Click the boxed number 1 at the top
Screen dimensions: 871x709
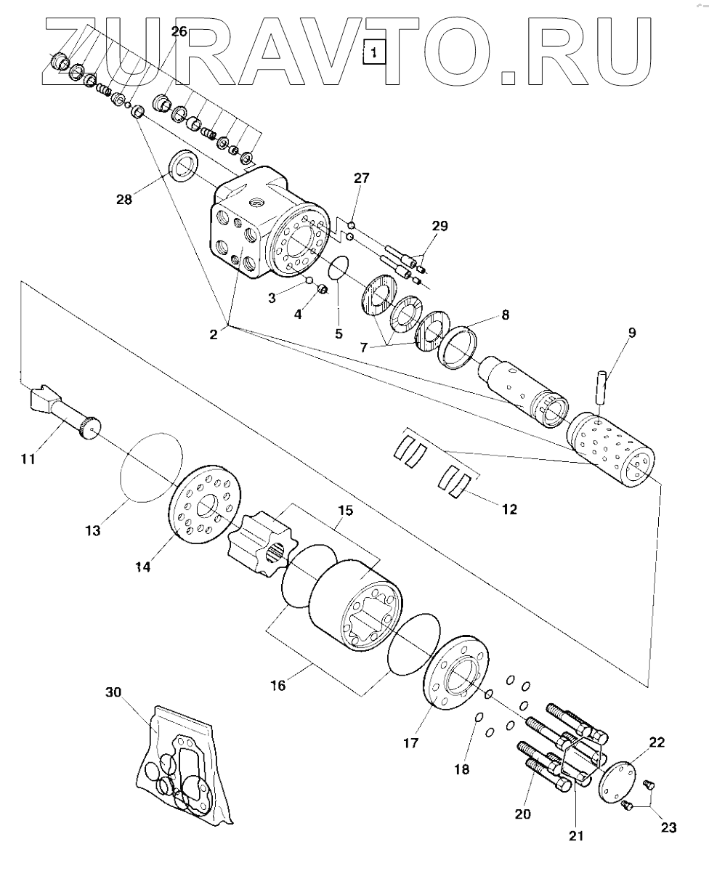373,52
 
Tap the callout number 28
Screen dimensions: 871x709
126,198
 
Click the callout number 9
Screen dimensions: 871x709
631,333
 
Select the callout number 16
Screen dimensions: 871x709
279,684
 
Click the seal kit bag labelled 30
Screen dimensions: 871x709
185,766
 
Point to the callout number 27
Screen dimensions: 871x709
362,178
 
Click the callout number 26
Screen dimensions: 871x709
179,31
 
